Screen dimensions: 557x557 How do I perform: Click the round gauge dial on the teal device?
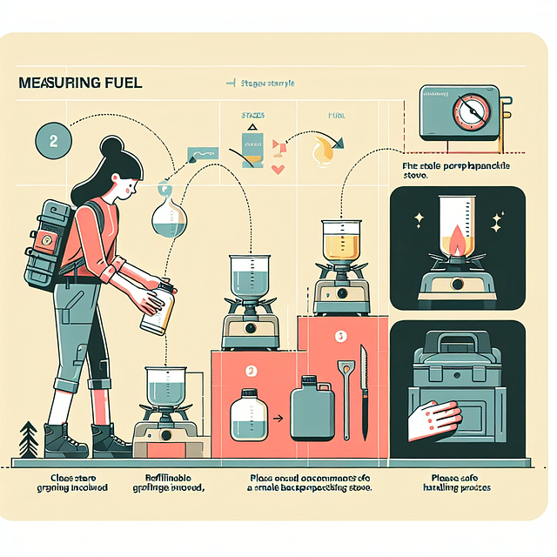coord(466,111)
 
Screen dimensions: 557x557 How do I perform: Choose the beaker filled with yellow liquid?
coord(340,238)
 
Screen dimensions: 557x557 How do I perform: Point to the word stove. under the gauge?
coord(419,176)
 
